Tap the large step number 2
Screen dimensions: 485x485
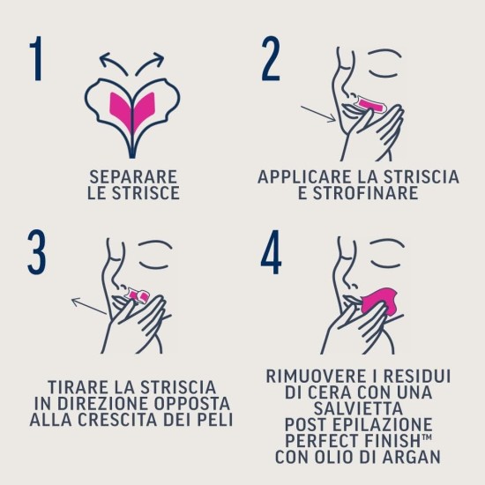coord(270,60)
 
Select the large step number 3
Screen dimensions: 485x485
coord(35,256)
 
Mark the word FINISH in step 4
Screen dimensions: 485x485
coord(392,441)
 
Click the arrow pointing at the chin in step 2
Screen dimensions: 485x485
coord(316,115)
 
